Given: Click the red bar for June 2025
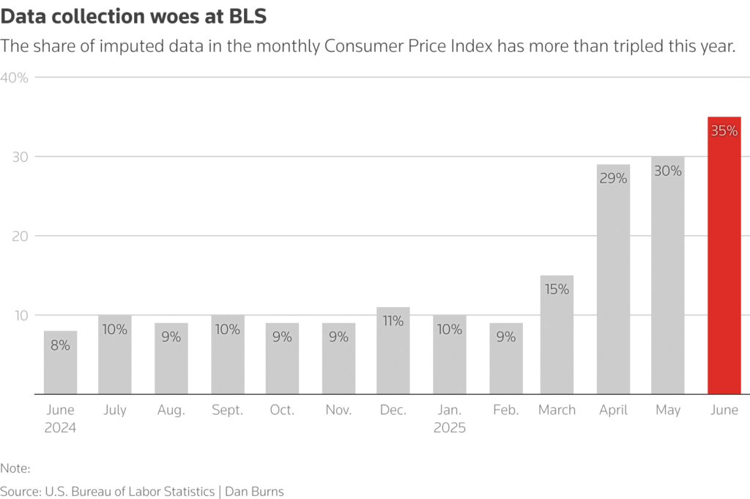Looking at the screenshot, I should (x=724, y=256).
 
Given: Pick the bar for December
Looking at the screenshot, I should (x=393, y=351).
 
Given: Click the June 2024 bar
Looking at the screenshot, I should (x=60, y=363).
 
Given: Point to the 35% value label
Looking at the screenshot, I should (x=724, y=132).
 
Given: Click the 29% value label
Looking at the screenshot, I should (x=613, y=178).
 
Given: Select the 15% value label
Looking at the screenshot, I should (x=557, y=289).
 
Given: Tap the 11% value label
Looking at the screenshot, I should (x=393, y=321).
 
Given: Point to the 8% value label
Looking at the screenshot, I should (x=60, y=344).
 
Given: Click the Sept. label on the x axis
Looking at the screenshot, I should (x=227, y=410).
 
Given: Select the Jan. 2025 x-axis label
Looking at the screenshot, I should (x=450, y=418).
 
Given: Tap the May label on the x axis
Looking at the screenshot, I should (x=668, y=410).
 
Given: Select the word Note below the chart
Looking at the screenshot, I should (x=14, y=467).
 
